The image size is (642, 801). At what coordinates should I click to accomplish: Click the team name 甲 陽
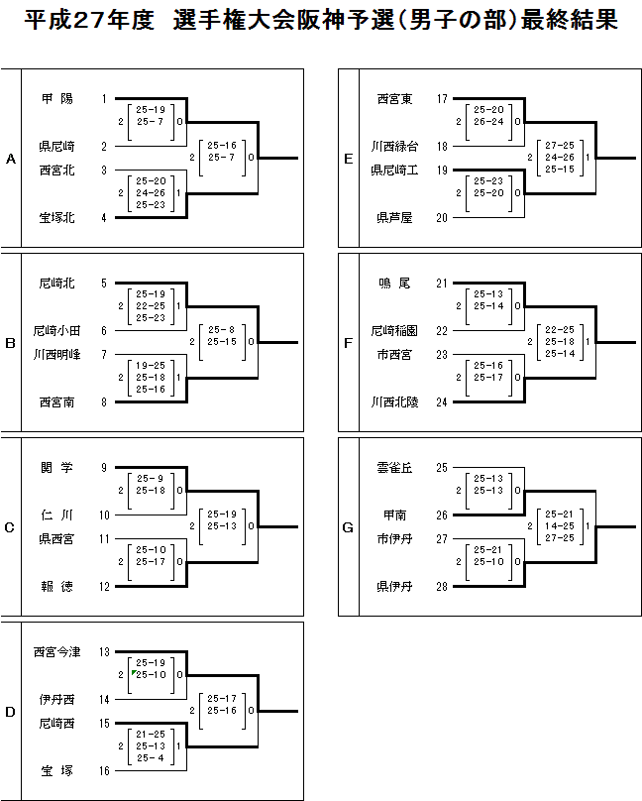[56, 99]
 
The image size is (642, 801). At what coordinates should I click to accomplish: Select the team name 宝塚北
[56, 218]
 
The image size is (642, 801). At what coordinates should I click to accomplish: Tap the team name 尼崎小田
[56, 331]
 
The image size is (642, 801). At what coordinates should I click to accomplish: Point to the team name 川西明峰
[56, 354]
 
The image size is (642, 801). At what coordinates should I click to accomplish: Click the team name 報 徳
[56, 586]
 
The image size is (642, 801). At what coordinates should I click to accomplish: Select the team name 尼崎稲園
[395, 331]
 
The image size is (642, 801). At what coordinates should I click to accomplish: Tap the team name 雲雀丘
[395, 468]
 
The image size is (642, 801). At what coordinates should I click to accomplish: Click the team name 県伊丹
[395, 586]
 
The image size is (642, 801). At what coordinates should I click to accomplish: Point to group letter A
[11, 159]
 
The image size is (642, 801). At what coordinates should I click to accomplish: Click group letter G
[348, 527]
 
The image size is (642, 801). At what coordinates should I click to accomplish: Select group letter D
[11, 712]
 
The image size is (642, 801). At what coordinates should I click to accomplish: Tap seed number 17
[442, 99]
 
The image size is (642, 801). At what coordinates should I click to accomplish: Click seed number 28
[442, 586]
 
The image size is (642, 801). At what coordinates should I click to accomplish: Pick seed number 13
[103, 651]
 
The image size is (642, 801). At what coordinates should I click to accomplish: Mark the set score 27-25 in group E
[560, 145]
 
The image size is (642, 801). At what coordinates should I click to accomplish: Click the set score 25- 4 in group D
[151, 758]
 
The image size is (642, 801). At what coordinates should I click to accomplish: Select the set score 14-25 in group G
[560, 525]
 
